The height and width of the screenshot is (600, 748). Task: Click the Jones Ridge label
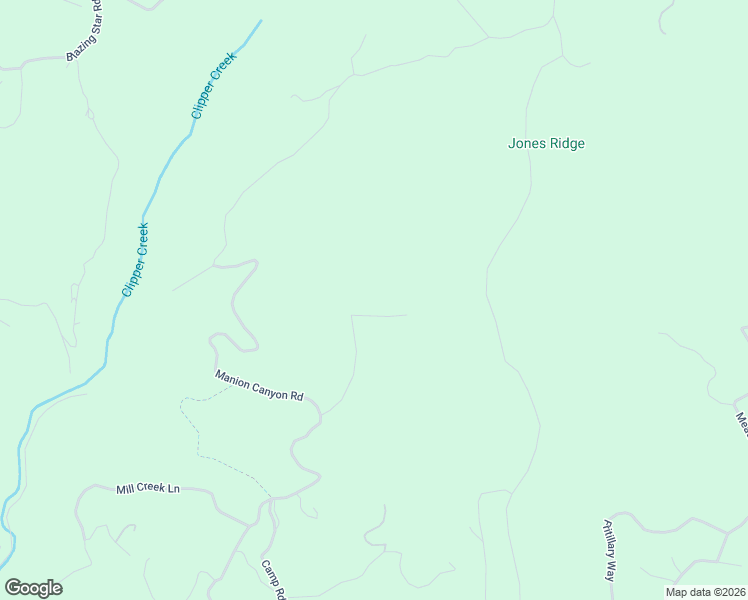click(546, 143)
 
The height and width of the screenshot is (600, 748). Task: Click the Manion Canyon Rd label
click(259, 385)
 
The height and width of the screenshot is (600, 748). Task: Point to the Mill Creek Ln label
click(147, 488)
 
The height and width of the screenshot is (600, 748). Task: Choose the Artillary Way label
click(608, 550)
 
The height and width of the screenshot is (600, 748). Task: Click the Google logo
click(33, 588)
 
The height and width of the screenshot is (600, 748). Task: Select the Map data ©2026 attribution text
click(705, 592)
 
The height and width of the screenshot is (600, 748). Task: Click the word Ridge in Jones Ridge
click(565, 143)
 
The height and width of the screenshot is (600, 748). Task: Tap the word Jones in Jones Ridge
click(525, 143)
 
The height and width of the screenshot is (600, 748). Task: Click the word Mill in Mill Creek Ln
click(125, 489)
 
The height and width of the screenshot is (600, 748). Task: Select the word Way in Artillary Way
click(608, 571)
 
